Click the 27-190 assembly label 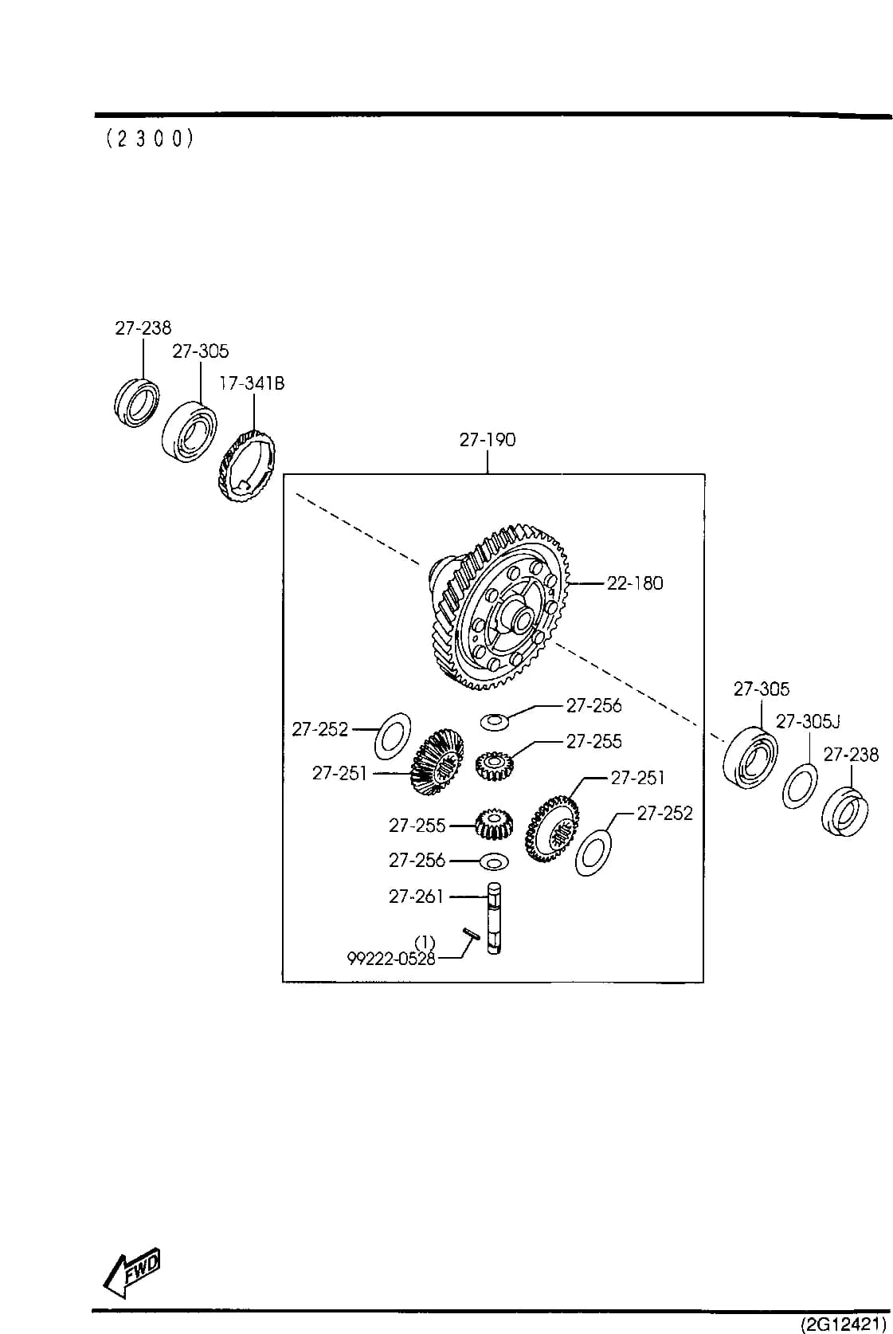click(x=487, y=440)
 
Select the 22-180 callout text click(x=635, y=583)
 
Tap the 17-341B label click(x=252, y=383)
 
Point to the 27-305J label click(x=808, y=721)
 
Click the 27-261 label click(x=416, y=897)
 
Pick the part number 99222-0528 click(x=391, y=959)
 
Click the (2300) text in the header click(x=150, y=139)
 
